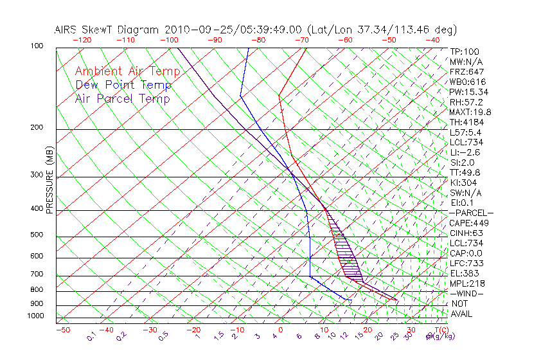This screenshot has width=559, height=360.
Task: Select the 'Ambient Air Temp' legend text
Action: click(127, 71)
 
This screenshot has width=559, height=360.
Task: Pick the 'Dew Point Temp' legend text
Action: click(123, 85)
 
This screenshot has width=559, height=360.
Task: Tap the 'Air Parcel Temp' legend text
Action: click(123, 98)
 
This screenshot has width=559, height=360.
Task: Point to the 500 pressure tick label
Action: click(37, 235)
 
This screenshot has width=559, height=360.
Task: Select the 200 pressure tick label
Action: click(37, 127)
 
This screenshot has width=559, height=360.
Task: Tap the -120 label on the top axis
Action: click(82, 40)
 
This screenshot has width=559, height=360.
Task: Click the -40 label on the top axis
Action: click(432, 40)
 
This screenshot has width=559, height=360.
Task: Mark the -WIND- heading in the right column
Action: click(466, 294)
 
